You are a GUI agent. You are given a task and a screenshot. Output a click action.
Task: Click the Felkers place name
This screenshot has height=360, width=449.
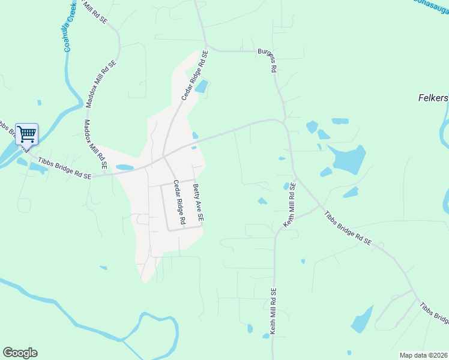(x=433, y=98)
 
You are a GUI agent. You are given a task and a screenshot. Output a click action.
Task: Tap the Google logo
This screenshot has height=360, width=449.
(x=20, y=353)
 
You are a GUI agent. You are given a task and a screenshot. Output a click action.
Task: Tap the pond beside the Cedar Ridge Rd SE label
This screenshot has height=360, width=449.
(x=202, y=86)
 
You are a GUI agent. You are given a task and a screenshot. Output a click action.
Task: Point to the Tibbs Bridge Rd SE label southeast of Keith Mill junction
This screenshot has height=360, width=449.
(x=348, y=229)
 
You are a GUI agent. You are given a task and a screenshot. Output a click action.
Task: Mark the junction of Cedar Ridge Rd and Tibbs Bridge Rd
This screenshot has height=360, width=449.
(x=163, y=157)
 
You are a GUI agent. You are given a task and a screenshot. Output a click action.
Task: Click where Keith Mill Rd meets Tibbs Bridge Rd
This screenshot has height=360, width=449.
(x=319, y=206)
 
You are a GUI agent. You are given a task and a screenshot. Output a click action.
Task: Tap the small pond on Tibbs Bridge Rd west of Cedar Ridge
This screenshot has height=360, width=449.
(x=124, y=167)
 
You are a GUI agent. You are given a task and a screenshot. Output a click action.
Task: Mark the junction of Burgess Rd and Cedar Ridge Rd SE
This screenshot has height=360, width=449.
(x=206, y=46)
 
